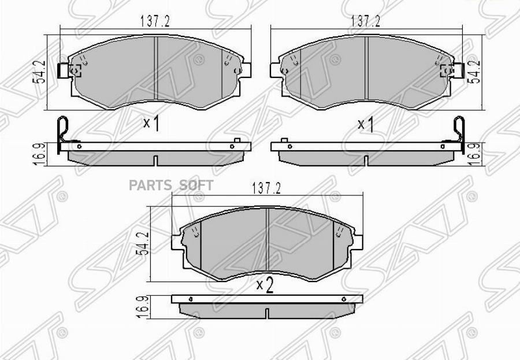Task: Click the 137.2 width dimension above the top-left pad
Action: coord(155,21)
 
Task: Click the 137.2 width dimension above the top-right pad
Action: coord(366,21)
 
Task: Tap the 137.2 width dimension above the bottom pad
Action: coord(266,188)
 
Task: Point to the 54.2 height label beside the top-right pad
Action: coord(474,71)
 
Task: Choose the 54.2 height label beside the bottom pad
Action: coord(144,243)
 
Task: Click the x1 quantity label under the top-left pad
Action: coord(151,124)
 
